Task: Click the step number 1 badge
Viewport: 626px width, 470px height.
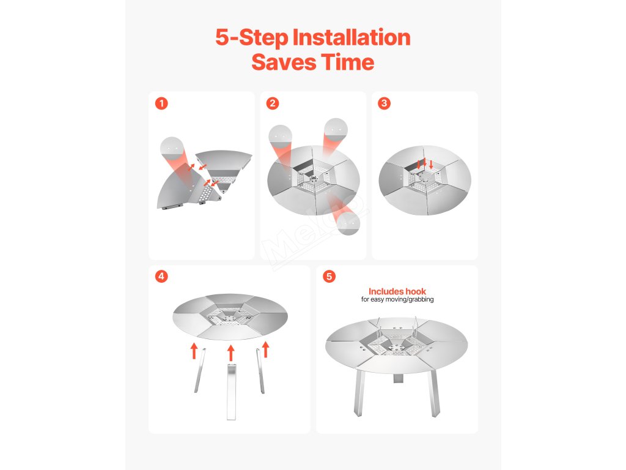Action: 161,103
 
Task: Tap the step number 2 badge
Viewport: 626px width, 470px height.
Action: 273,103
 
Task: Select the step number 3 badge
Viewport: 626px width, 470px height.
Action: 384,103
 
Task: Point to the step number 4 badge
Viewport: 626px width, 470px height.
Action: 161,276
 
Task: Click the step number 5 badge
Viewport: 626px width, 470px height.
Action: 329,276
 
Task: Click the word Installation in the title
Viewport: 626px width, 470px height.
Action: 352,37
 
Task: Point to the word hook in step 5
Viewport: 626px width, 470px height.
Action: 416,291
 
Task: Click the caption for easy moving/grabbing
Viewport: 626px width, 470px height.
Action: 397,299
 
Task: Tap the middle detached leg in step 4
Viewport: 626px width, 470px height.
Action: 231,391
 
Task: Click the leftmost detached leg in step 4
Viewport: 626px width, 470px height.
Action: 200,370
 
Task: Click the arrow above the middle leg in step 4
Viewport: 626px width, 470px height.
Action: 230,353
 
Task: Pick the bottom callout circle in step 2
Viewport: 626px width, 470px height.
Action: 348,223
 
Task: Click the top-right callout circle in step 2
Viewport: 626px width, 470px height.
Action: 336,130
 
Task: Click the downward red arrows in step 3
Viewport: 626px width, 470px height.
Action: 425,163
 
